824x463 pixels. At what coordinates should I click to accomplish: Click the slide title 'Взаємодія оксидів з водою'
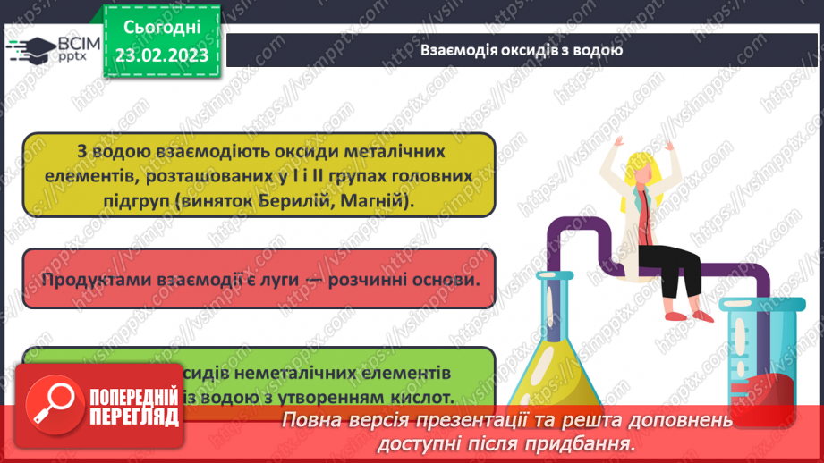click(x=522, y=50)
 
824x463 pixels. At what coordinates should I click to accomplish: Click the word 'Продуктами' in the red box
click(x=93, y=279)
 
